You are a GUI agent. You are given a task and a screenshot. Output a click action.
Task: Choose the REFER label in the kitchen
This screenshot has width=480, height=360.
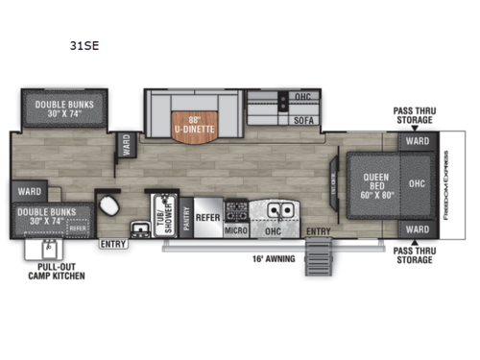point(207,217)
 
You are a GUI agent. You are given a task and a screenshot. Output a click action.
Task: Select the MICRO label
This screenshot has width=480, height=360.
point(236,229)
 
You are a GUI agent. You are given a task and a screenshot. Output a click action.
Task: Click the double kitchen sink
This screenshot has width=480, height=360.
point(278,210)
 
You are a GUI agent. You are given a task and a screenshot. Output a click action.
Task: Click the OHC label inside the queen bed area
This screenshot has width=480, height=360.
point(417,182)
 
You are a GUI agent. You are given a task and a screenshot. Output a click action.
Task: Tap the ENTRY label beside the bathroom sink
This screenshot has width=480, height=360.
point(111,244)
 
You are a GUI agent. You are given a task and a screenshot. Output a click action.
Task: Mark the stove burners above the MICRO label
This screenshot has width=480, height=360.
point(236,209)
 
